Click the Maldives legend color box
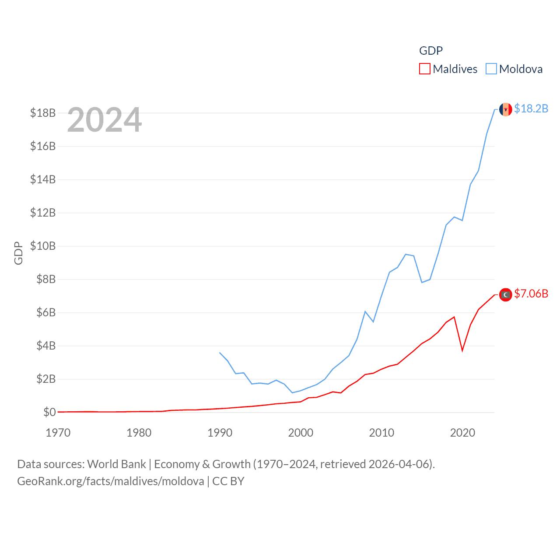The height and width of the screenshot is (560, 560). pos(424,69)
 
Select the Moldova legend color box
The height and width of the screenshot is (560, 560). pos(491,69)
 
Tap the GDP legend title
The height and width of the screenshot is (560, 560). pos(431,51)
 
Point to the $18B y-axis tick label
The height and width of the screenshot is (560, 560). pos(43,113)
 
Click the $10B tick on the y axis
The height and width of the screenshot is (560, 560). pos(43,246)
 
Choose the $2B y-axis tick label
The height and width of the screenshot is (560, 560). pos(46,379)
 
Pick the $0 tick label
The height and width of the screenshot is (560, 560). pos(49,412)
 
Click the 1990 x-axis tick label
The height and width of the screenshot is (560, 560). pos(220,433)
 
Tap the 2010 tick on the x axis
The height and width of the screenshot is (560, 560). pos(381,433)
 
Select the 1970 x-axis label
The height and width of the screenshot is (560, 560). pos(58,433)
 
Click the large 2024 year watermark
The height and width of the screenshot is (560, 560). pos(105,120)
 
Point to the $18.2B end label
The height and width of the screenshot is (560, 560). pos(531,108)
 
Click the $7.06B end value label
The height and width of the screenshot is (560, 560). pos(531,294)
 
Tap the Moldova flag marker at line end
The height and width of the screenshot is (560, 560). pos(505,109)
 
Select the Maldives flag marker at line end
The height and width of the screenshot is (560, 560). pos(505,295)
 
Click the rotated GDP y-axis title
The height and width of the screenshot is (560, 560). pos(18,253)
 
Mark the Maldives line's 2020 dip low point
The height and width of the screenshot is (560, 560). pos(462,350)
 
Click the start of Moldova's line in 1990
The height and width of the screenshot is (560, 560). pos(220,353)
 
